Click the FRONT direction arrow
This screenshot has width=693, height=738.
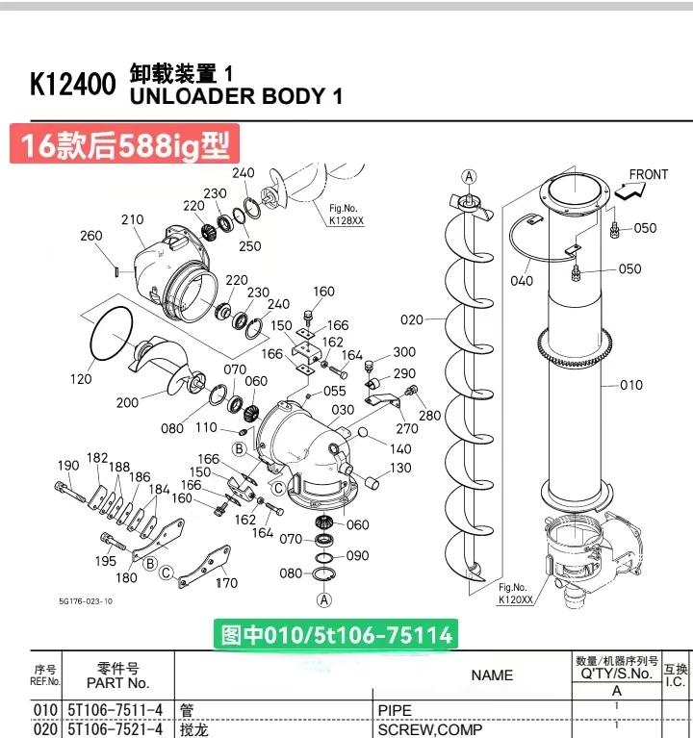coord(629,191)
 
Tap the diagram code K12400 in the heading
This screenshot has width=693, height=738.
coord(73,85)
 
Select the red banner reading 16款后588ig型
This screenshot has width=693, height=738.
coord(125,144)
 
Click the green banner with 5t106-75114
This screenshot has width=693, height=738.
coord(336,635)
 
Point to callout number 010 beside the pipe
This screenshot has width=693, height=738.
coord(631,385)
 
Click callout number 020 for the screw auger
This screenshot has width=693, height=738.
coord(412,320)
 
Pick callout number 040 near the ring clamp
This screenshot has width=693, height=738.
coord(522,281)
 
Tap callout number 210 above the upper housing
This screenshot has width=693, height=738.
coord(132,219)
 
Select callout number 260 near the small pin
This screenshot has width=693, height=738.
coord(90,236)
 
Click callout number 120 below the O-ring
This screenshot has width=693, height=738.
coord(81,379)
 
